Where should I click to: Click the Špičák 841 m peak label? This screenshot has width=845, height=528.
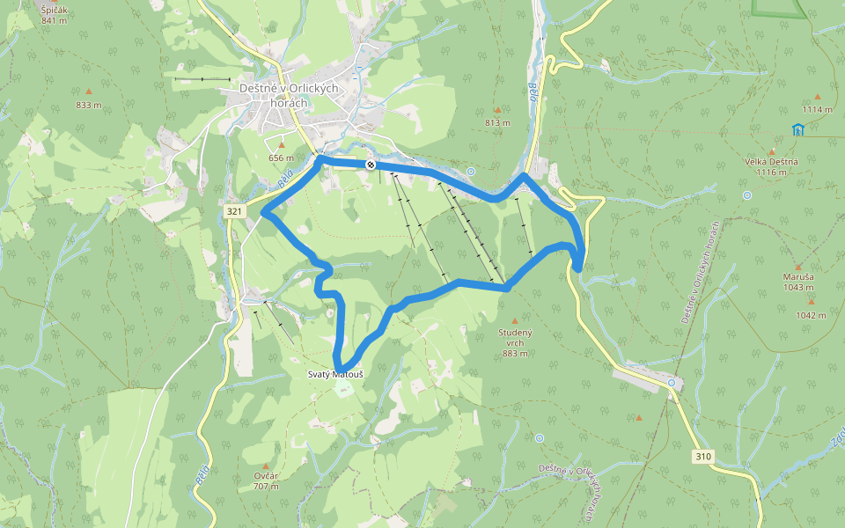click(x=54, y=14)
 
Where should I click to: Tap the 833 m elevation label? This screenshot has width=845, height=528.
click(x=89, y=106)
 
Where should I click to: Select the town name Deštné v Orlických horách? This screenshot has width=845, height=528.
click(x=276, y=95)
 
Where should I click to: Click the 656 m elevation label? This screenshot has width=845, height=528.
click(x=281, y=158)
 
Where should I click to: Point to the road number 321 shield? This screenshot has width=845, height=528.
click(x=234, y=212)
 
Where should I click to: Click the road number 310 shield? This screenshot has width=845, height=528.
click(x=702, y=456)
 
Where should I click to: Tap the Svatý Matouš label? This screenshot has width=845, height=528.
click(x=335, y=375)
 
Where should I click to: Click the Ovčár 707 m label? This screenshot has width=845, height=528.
click(x=266, y=480)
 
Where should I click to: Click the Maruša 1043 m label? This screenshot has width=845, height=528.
click(x=798, y=282)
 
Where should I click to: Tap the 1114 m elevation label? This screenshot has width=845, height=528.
click(x=817, y=109)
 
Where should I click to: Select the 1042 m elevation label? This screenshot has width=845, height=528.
click(x=811, y=314)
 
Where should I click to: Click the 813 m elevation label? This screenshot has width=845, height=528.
click(x=497, y=122)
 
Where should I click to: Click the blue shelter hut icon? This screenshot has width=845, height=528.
click(x=797, y=130)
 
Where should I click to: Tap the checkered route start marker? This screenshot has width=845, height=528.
click(x=371, y=165)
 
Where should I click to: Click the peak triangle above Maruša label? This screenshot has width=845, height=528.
click(x=798, y=267)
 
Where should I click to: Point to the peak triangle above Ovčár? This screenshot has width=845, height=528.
click(x=266, y=466)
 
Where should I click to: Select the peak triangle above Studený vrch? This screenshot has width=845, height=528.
click(x=515, y=321)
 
